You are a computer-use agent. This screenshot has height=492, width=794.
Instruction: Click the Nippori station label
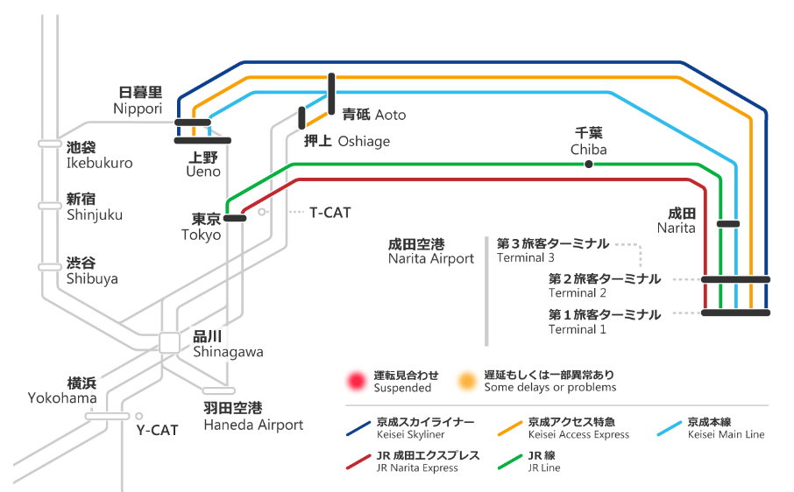click(x=138, y=100)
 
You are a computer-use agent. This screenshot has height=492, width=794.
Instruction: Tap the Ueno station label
click(x=204, y=165)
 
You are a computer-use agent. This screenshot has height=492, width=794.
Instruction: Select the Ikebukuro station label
click(x=99, y=155)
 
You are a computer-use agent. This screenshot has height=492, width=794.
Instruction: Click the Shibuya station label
click(x=91, y=271)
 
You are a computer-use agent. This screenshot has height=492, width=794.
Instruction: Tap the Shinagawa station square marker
click(x=170, y=342)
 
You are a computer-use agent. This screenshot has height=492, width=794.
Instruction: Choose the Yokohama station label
click(x=62, y=390)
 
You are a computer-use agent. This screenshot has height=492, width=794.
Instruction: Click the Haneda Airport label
click(x=253, y=417)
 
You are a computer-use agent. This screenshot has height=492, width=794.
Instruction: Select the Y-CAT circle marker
click(x=138, y=416)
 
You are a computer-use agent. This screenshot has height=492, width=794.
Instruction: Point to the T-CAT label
click(x=330, y=212)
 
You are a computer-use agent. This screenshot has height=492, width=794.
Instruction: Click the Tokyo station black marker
click(x=235, y=218)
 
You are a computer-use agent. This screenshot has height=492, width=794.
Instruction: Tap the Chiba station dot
click(x=589, y=164)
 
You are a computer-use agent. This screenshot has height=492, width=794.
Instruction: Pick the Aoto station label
click(x=373, y=115)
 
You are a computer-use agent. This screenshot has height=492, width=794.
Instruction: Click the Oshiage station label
click(x=346, y=141)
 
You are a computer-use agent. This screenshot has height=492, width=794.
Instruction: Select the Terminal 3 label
click(x=552, y=250)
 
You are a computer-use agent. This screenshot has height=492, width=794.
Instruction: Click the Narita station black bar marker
click(x=728, y=224)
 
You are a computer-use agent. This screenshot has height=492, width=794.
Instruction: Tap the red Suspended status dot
click(x=357, y=381)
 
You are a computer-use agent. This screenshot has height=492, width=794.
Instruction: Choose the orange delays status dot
click(x=467, y=381)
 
